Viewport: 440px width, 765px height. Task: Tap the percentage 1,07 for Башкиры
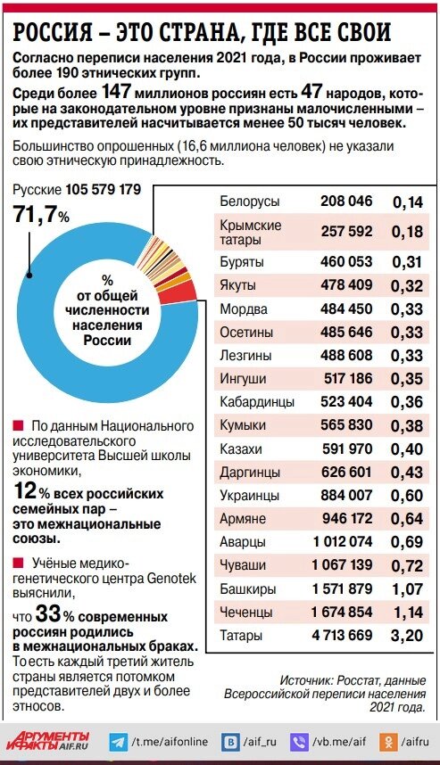coord(407,589)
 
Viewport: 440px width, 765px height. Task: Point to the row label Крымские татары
coord(250,232)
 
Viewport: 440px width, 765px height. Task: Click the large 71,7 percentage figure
coord(35,215)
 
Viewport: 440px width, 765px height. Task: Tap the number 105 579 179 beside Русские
coord(104,191)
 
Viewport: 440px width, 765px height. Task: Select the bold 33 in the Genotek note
coord(46,613)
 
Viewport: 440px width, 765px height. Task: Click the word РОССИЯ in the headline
coord(53,33)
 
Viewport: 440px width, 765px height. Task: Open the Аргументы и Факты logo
coord(49,741)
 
